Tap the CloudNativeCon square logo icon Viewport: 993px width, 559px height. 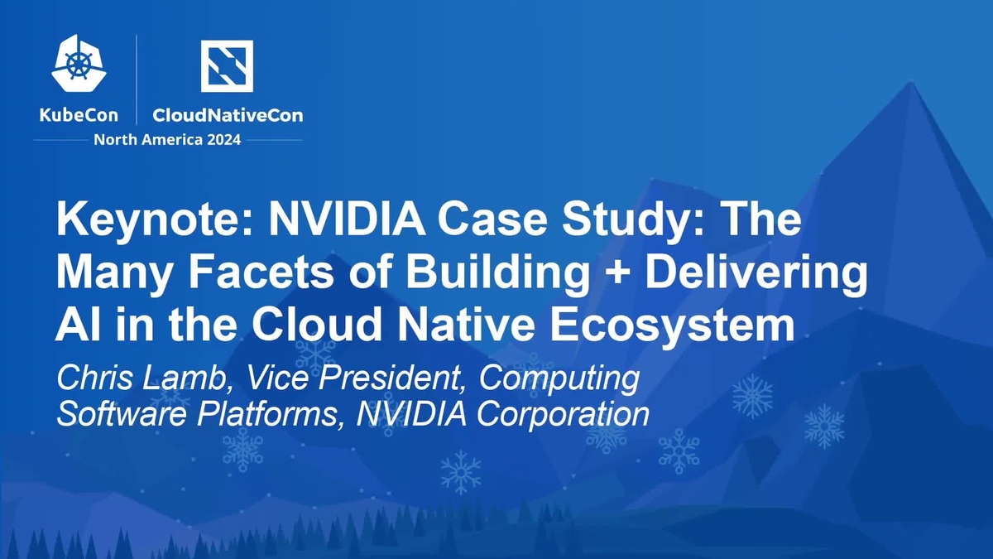[x=227, y=65]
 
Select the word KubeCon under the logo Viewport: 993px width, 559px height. [x=79, y=115]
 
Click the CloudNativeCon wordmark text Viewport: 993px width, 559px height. [x=228, y=115]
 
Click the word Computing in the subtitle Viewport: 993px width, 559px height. [x=560, y=379]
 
